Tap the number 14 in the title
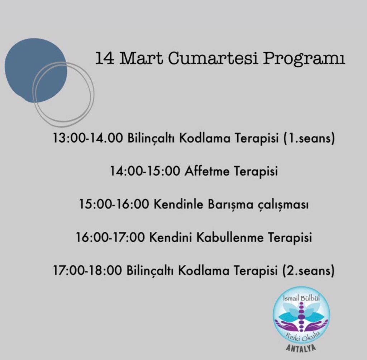coord(105,58)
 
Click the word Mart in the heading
coord(141,58)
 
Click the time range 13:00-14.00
coord(88,138)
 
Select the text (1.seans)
coord(309,138)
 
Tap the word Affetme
coord(207,171)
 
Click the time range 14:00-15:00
coord(145,171)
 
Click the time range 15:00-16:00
coord(114,204)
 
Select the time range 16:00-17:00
coord(110,237)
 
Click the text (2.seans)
coord(309,271)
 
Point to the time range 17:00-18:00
coord(88,271)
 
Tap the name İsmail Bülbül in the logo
coord(301,298)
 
